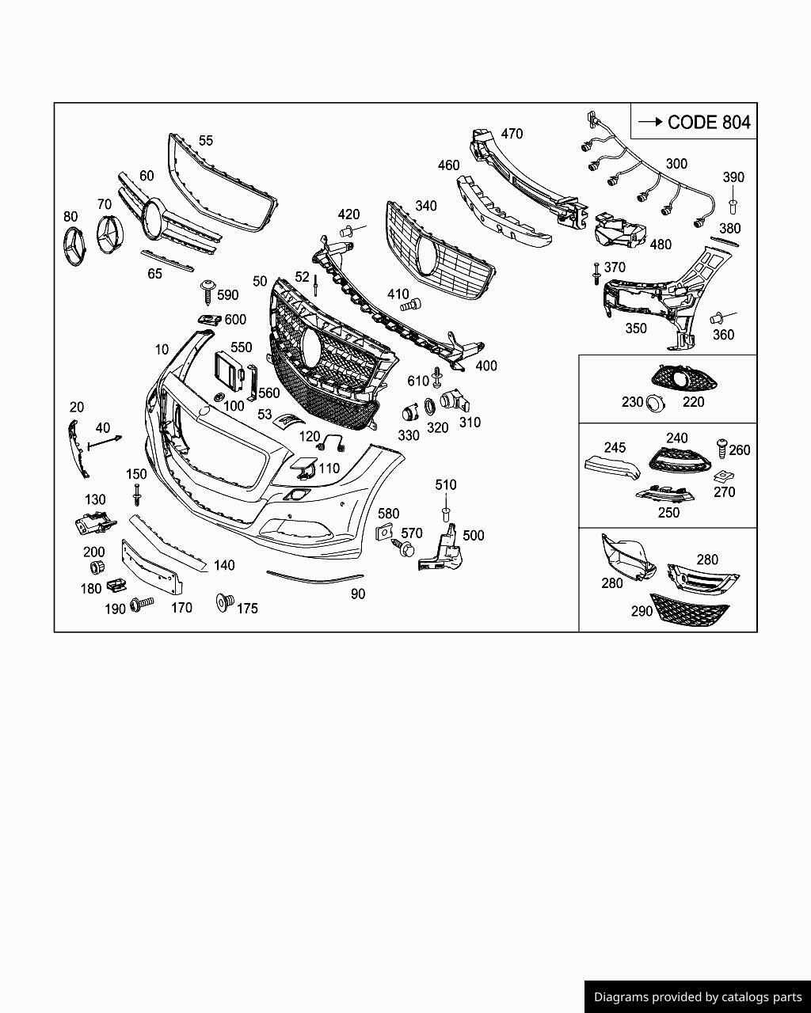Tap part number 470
tap(512, 134)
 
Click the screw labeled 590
tap(208, 290)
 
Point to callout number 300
tap(676, 164)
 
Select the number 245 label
tap(615, 448)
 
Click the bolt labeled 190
tap(142, 605)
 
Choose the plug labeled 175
tap(224, 603)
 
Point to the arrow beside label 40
tap(105, 442)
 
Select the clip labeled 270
tap(722, 477)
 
